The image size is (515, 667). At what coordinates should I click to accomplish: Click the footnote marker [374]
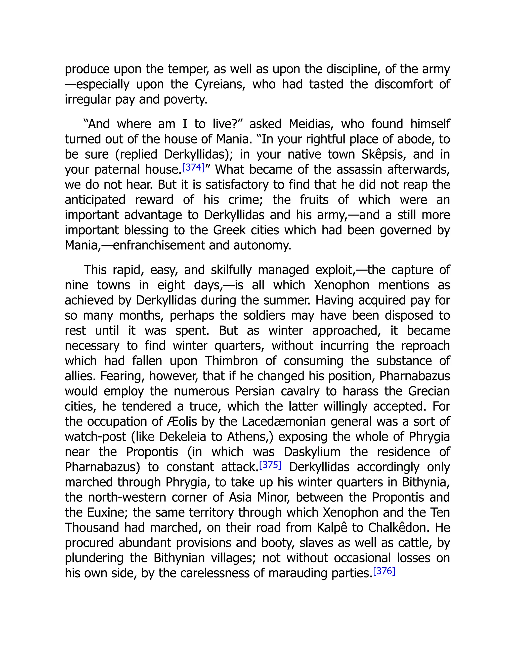click(x=193, y=168)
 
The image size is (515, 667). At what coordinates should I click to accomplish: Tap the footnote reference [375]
click(x=270, y=465)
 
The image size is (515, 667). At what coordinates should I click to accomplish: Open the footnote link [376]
click(x=384, y=571)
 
